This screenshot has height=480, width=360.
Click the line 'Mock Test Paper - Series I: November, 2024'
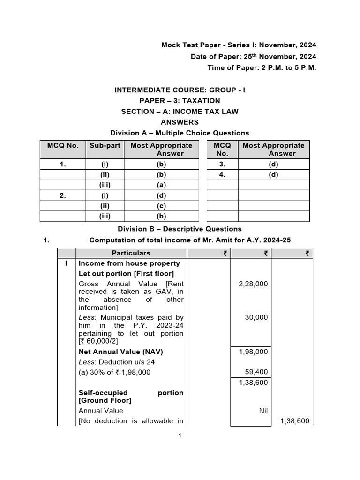coord(239,45)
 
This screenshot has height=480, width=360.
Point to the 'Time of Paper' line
coord(262,68)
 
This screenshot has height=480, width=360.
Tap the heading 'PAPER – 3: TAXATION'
coord(180,101)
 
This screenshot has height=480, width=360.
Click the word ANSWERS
coord(180,122)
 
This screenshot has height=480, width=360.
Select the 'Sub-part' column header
coord(105,145)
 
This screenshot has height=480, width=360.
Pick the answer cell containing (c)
coord(161,206)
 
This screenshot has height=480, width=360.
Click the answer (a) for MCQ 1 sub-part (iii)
coord(161,185)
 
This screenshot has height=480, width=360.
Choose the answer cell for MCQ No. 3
coord(273,165)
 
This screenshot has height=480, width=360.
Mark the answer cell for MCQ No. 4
coord(273,175)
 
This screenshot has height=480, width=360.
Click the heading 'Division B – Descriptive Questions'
coord(180,229)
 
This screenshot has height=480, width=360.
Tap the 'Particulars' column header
coord(131,253)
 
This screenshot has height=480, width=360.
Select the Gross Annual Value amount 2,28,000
coord(253,284)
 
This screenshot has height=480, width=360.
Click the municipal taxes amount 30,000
coord(256,317)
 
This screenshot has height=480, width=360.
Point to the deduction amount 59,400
coord(256,372)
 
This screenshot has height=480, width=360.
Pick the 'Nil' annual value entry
coord(263,411)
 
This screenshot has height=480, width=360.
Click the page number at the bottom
coord(180,435)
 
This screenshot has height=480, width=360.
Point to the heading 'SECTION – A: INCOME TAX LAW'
coord(180,112)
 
